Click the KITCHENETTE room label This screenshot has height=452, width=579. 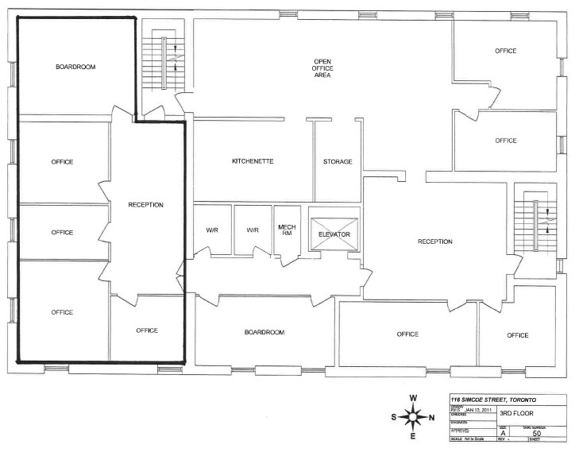point(253,160)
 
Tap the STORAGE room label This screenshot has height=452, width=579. point(338,161)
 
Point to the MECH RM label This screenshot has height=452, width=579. point(287,230)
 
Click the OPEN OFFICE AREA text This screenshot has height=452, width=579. point(322,68)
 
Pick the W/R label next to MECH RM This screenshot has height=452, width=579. point(253,230)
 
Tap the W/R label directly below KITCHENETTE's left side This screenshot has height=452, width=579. point(212,230)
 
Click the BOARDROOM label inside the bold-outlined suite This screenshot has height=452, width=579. point(75,68)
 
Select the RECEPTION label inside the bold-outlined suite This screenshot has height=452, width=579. point(146,205)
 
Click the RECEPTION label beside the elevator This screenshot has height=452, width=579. point(435,241)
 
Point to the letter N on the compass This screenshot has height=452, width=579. point(432,418)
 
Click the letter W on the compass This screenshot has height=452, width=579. point(413,398)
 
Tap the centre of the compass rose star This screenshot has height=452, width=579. point(413,417)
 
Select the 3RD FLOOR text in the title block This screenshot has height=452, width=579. point(516,413)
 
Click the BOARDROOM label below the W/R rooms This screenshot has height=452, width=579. point(264,332)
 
